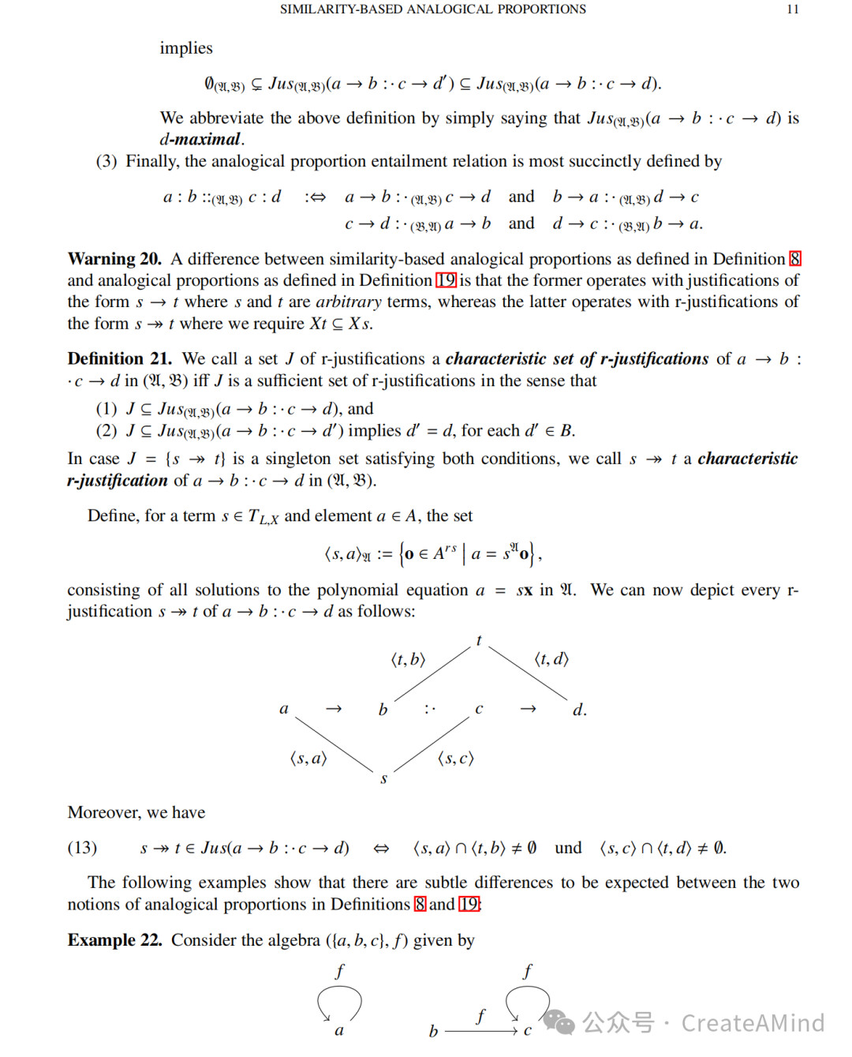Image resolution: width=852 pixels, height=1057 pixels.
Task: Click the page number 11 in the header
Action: click(793, 9)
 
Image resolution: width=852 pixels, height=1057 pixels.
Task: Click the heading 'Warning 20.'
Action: click(114, 259)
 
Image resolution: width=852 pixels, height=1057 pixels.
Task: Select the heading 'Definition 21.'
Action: click(119, 359)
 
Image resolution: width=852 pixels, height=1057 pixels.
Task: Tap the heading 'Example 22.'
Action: click(114, 940)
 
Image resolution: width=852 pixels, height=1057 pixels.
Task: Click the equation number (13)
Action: click(82, 848)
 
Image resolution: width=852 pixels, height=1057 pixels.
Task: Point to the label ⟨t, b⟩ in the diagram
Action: click(408, 659)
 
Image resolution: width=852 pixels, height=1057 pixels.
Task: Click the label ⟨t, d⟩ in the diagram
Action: click(551, 659)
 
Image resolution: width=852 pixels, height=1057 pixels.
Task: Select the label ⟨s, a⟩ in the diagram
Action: click(308, 759)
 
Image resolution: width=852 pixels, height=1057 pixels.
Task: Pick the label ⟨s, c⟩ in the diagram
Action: click(455, 759)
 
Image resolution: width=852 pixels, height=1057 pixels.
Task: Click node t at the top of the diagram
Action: click(479, 641)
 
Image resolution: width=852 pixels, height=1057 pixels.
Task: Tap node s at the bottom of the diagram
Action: click(383, 779)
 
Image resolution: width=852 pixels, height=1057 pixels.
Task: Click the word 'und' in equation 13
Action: click(568, 848)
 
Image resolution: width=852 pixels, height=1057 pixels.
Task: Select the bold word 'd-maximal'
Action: click(200, 140)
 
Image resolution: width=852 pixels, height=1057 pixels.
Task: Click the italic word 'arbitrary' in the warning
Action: click(349, 302)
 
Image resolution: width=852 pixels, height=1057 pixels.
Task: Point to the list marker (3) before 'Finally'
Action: click(106, 162)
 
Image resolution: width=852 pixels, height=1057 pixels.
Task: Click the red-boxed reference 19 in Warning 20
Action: click(446, 280)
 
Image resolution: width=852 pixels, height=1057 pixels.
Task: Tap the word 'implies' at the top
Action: click(186, 48)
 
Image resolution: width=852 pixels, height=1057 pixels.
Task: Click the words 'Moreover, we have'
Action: click(136, 812)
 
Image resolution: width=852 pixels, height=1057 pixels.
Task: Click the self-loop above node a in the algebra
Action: click(339, 1001)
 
